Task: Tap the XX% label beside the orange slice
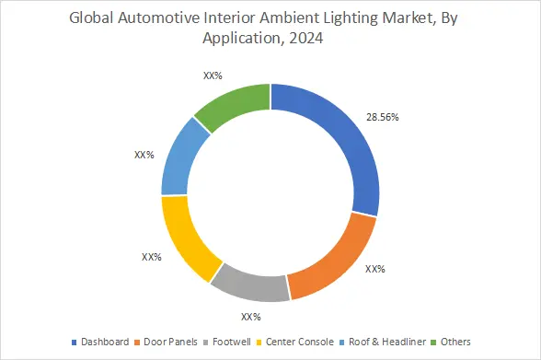coord(374,270)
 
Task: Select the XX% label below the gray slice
coord(251,317)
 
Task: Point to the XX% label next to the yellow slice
coord(152,257)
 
